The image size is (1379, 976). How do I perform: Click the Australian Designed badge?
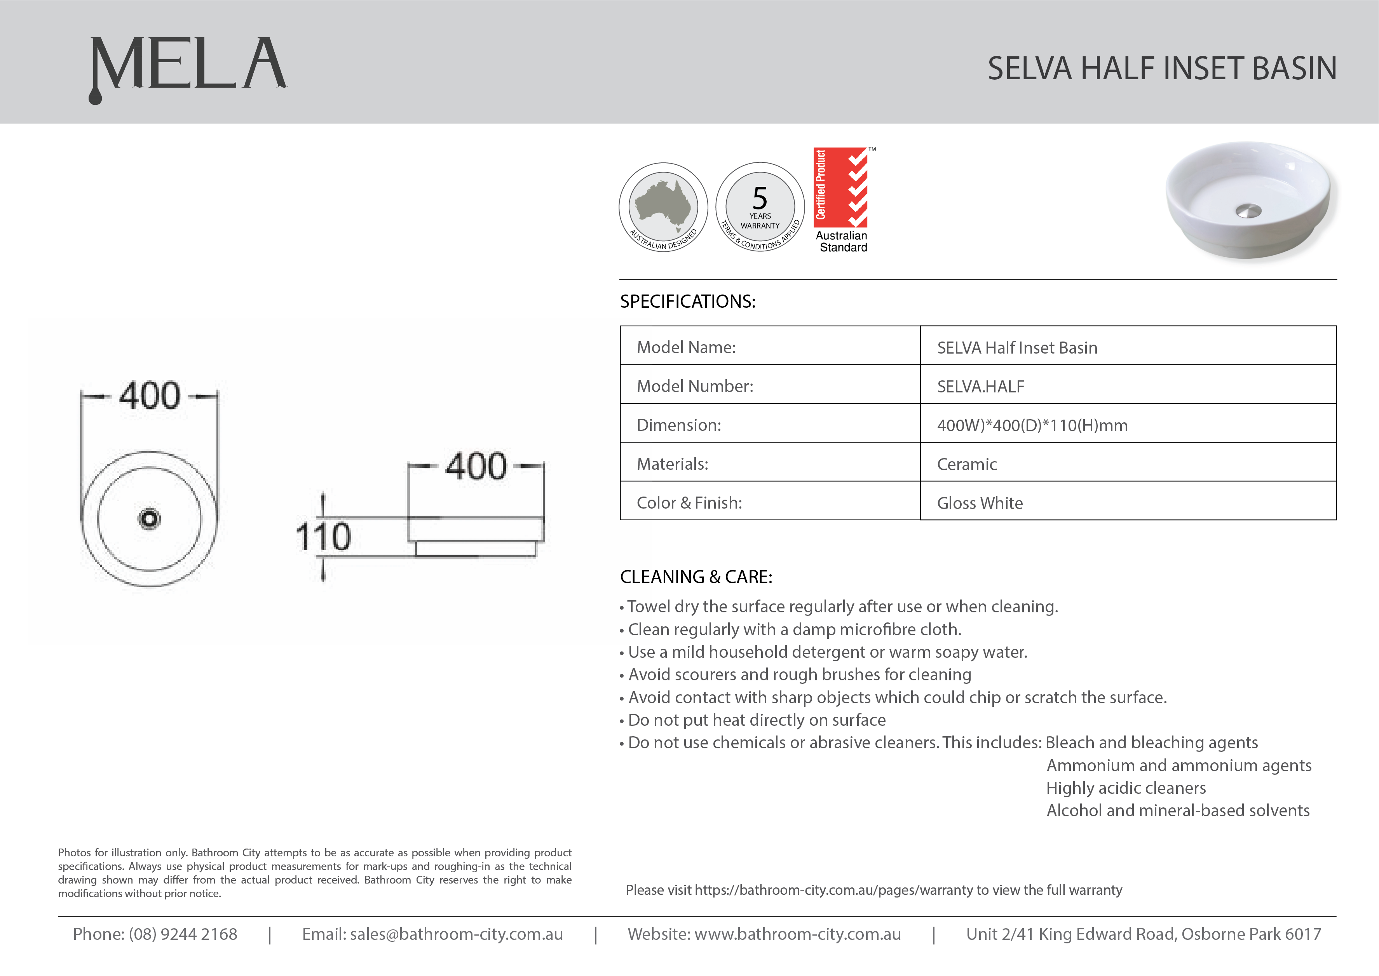click(663, 207)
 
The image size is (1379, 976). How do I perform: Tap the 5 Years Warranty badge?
click(760, 207)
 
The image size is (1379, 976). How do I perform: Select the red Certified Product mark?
click(840, 188)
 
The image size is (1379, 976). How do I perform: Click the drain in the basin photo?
click(1248, 210)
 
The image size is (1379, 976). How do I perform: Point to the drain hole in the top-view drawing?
click(149, 519)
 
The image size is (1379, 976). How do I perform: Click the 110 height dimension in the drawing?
click(323, 537)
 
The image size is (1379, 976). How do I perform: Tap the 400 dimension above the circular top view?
click(149, 396)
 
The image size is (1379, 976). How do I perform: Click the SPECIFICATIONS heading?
click(687, 301)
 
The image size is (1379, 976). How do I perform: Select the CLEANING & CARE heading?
click(696, 577)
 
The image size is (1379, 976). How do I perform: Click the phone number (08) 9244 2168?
click(183, 934)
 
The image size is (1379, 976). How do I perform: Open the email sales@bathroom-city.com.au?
click(456, 934)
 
